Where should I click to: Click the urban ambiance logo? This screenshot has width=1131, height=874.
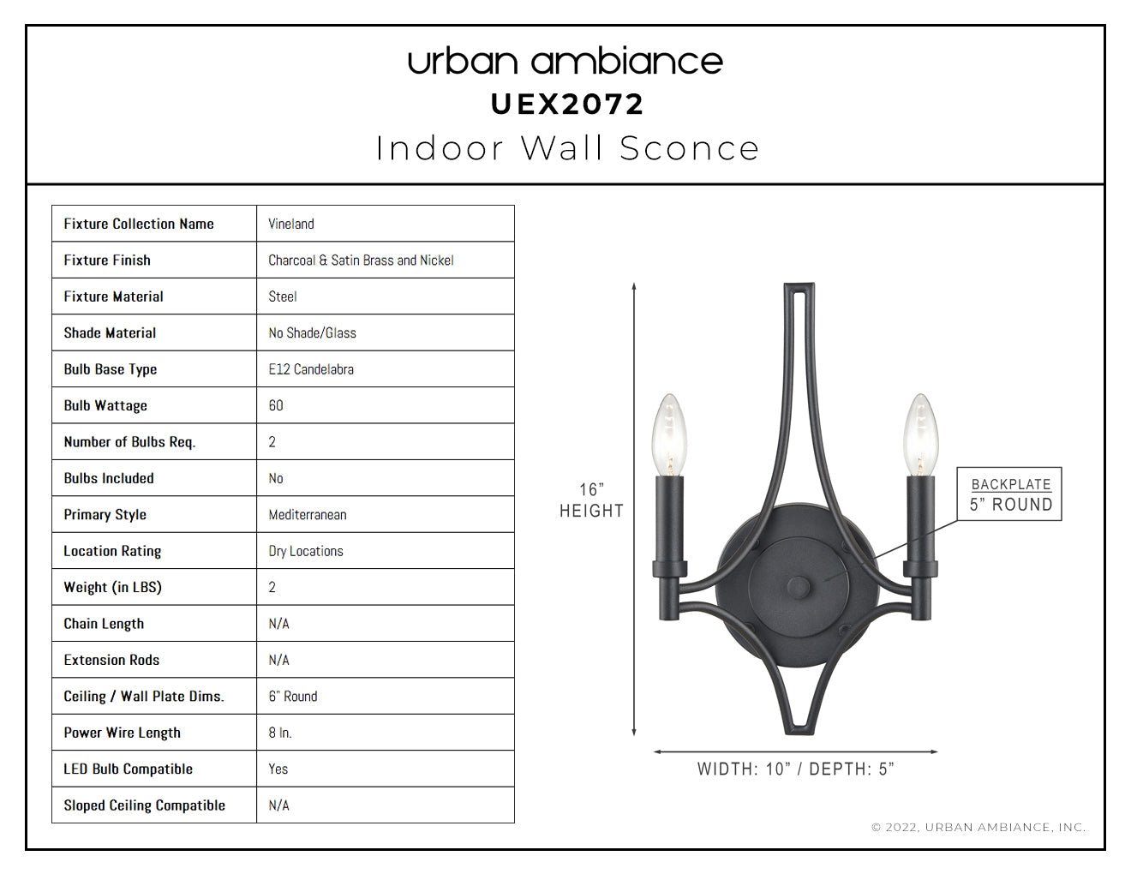pos(565,61)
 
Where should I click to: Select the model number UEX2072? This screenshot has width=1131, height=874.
pos(567,105)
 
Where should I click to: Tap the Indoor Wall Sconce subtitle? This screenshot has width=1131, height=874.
pos(567,148)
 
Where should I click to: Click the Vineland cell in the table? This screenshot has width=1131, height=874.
pos(291,224)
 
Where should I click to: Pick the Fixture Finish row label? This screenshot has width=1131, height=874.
pos(107,260)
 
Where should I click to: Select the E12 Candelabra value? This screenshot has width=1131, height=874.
pos(311,369)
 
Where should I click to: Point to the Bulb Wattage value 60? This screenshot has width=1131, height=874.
pos(276,405)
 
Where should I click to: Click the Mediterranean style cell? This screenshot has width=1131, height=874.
pos(307,515)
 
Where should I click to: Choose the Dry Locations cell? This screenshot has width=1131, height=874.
pos(306,551)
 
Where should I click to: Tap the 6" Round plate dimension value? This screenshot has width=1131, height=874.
pos(292,696)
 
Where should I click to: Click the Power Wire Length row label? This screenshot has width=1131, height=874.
pos(122,733)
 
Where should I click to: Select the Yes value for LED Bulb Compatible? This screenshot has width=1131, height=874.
pos(278,769)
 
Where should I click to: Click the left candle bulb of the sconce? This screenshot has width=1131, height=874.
pos(669,435)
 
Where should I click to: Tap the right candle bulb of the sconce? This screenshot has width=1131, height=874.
pos(920,435)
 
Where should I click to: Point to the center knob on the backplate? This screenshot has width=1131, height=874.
pos(798,587)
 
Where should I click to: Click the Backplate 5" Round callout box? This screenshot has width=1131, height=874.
pos(1009,494)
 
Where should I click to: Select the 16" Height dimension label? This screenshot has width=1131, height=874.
pos(592,500)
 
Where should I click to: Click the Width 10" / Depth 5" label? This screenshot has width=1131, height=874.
pos(795,769)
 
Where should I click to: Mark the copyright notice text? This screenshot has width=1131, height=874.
pos(978,827)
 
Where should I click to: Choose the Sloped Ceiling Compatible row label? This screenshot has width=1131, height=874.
pos(144,805)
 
